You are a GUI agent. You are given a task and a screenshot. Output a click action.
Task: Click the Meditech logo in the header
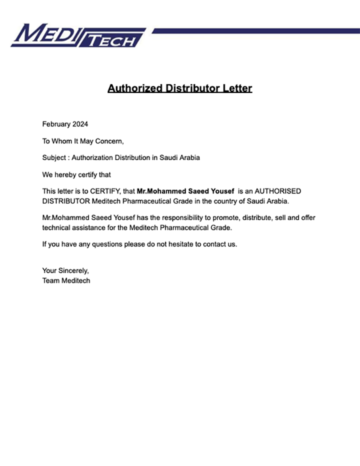77,36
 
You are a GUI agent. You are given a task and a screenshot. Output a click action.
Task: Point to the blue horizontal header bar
255,31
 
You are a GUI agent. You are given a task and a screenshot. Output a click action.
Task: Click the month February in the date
56,124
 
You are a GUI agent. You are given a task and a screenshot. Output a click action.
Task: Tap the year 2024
80,124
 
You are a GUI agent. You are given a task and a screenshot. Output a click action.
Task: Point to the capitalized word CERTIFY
105,191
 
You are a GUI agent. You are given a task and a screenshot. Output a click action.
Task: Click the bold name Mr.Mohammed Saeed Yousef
185,191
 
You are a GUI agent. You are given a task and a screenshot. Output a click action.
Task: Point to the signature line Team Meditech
66,280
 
